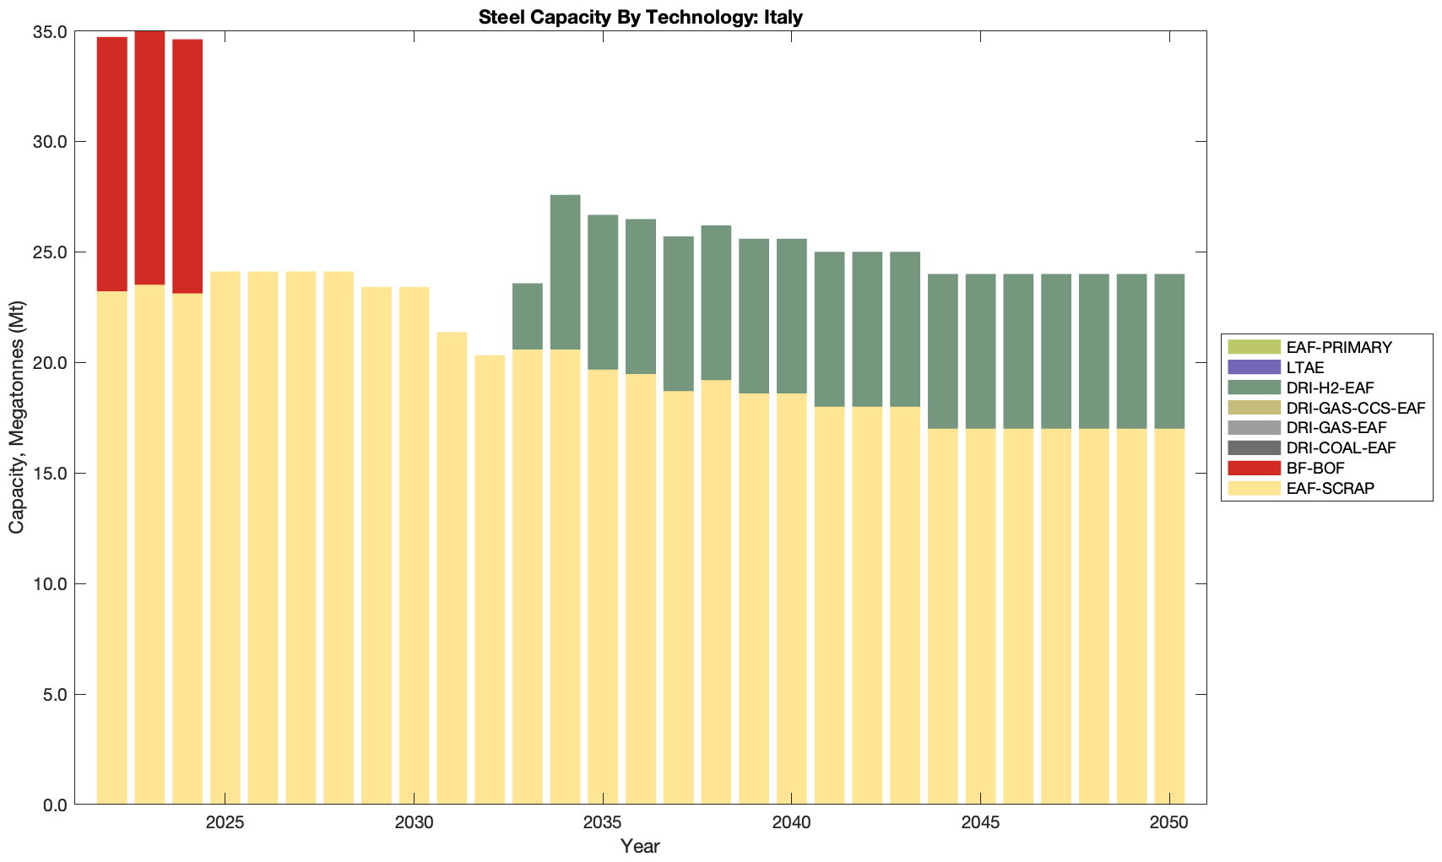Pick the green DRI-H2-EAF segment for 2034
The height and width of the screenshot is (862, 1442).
pyautogui.click(x=565, y=272)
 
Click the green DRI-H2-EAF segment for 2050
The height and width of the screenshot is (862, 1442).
pyautogui.click(x=1169, y=351)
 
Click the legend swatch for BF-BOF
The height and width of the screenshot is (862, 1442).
pyautogui.click(x=1254, y=468)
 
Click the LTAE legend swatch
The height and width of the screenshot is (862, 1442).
pyautogui.click(x=1254, y=367)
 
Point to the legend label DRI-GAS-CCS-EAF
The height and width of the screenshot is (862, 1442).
pyautogui.click(x=1355, y=408)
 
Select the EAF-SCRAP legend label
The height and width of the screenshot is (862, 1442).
pyautogui.click(x=1330, y=488)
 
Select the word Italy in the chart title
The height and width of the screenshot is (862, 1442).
pyautogui.click(x=783, y=17)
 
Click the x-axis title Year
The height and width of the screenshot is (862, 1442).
pyautogui.click(x=640, y=846)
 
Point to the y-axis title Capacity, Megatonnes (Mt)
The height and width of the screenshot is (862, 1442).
pyautogui.click(x=17, y=417)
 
